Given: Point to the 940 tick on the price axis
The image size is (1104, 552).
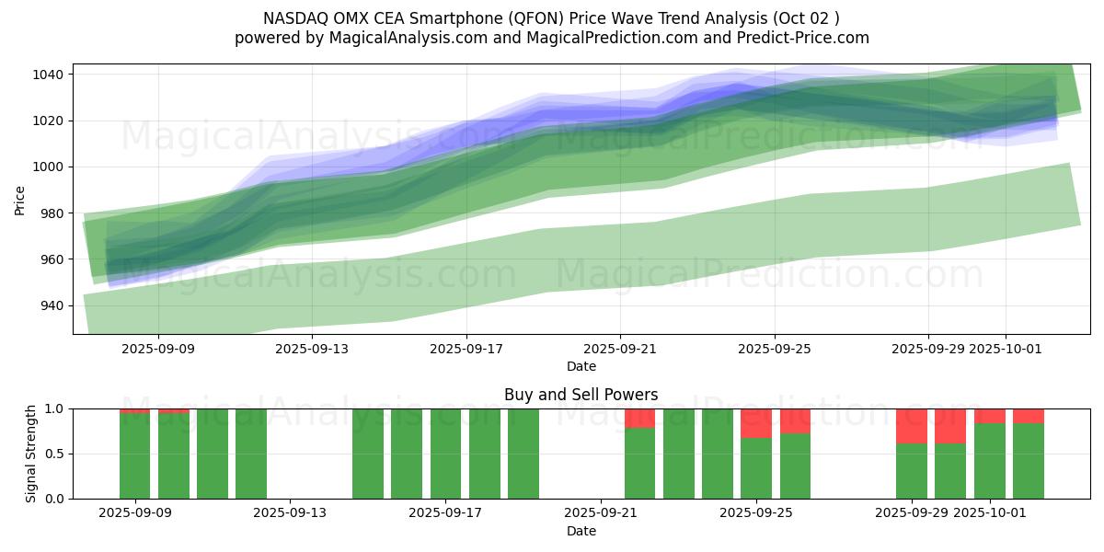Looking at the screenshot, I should [x=51, y=305].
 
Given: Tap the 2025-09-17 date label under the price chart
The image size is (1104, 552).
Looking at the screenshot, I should [x=466, y=349].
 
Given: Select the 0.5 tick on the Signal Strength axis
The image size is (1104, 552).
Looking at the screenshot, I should [x=52, y=454].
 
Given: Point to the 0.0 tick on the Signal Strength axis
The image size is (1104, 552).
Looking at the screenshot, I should [x=52, y=499].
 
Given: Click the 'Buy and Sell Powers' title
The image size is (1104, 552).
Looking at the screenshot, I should [x=581, y=395].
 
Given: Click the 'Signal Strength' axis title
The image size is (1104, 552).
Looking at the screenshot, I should [x=31, y=454].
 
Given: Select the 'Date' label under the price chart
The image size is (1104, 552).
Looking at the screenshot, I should [x=581, y=366].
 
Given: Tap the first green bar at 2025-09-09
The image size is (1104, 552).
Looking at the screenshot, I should [x=134, y=456].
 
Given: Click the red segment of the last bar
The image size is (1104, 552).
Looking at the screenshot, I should [x=1029, y=416].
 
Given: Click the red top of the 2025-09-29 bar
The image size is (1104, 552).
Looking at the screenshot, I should [x=912, y=426].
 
